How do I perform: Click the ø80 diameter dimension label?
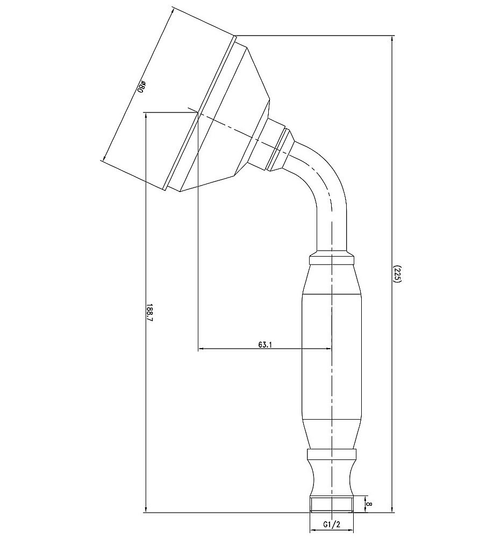[x=141, y=87]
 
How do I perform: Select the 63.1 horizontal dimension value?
[x=265, y=344]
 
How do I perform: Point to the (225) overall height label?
[x=397, y=273]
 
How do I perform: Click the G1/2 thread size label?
[x=331, y=524]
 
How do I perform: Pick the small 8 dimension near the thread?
[x=369, y=504]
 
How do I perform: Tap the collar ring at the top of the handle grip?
[x=331, y=259]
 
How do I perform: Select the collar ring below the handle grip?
[x=331, y=454]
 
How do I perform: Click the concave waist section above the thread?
[x=331, y=478]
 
